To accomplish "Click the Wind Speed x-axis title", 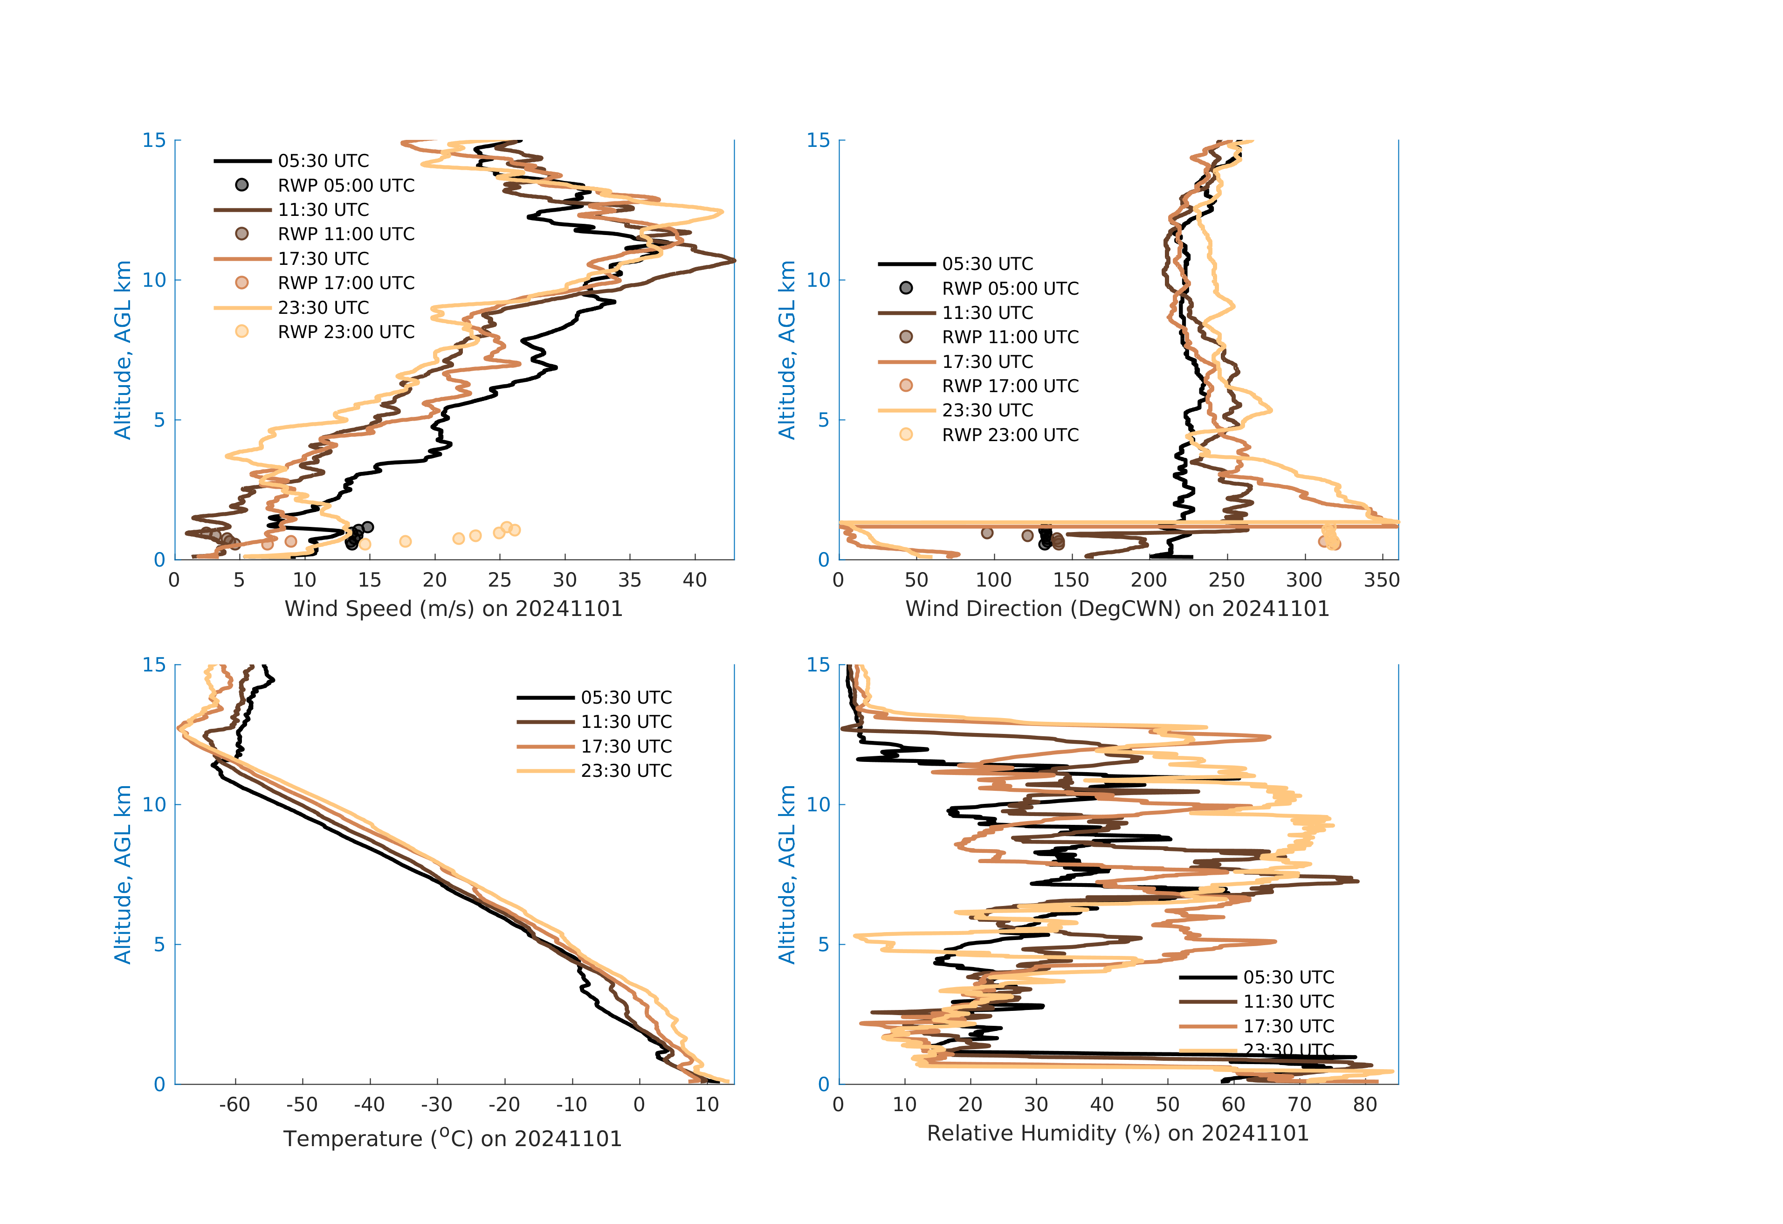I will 454,609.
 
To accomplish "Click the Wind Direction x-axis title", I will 1117,609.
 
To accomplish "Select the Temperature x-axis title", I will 453,1138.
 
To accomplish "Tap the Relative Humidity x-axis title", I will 1117,1134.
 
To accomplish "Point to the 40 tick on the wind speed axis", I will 695,580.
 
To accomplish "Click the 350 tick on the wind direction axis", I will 1381,580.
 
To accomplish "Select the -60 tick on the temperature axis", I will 235,1105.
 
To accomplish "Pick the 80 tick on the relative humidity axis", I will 1365,1105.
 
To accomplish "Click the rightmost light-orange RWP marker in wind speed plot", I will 515,530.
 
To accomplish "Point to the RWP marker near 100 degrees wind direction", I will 987,532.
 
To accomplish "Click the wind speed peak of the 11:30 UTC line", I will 733,261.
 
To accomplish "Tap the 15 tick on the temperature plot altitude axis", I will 154,664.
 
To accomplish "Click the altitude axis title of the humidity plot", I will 787,874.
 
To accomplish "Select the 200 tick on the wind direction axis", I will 1149,580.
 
